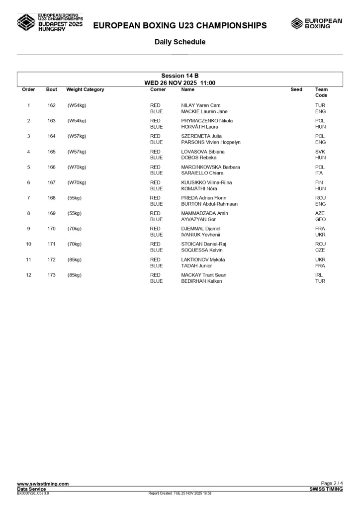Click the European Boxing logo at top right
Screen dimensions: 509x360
click(x=316, y=23)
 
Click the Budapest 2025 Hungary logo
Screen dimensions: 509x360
click(x=50, y=23)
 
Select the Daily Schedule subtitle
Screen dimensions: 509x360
click(x=180, y=42)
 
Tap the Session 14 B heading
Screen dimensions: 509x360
click(x=180, y=76)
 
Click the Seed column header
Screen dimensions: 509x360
click(x=296, y=89)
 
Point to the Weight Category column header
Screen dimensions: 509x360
click(x=85, y=89)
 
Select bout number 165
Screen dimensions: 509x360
click(x=51, y=152)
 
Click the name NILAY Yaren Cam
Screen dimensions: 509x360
click(x=200, y=105)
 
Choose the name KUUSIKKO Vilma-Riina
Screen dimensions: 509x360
click(x=206, y=182)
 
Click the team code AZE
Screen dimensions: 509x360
click(x=320, y=213)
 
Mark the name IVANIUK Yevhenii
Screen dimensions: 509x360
click(x=200, y=235)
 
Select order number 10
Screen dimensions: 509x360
click(x=28, y=244)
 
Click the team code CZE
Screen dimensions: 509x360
click(x=320, y=250)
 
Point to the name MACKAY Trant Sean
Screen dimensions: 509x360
click(x=203, y=275)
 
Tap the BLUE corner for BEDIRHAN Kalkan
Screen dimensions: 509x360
click(x=156, y=281)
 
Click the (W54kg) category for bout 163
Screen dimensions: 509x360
click(x=77, y=121)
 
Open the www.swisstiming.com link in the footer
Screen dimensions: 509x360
click(x=43, y=484)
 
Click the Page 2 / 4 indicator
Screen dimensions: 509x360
click(x=332, y=484)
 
